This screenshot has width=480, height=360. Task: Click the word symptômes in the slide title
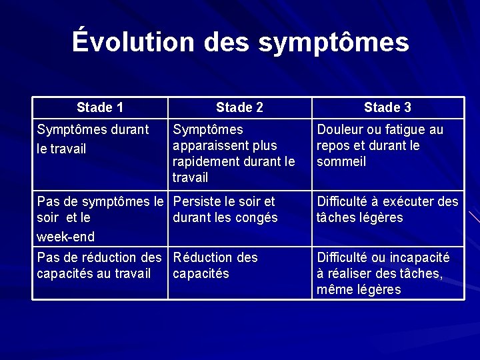[333, 42]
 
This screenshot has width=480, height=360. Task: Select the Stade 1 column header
[100, 107]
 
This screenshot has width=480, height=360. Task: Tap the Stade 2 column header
[240, 107]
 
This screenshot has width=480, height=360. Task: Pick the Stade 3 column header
[387, 107]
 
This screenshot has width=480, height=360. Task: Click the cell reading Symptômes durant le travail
[93, 139]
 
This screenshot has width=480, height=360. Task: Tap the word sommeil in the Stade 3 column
[342, 161]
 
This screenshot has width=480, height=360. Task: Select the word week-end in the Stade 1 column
[66, 237]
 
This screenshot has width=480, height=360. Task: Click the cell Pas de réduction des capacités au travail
[99, 265]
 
